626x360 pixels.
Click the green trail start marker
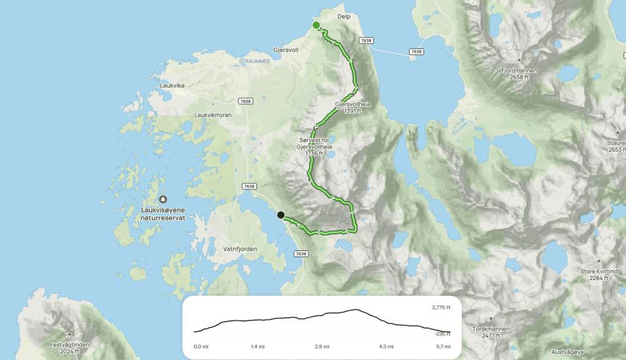[316, 25]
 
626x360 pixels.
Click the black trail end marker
[280, 215]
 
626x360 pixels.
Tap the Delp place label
[343, 17]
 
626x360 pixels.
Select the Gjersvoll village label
[286, 50]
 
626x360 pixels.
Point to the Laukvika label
[172, 86]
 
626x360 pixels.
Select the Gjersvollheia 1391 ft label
[352, 108]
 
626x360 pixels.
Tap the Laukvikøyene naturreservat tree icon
[163, 199]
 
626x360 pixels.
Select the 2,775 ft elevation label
[441, 307]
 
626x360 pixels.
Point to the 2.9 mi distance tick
[322, 347]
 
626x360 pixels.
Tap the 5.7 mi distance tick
[442, 347]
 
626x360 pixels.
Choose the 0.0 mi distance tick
[201, 347]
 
